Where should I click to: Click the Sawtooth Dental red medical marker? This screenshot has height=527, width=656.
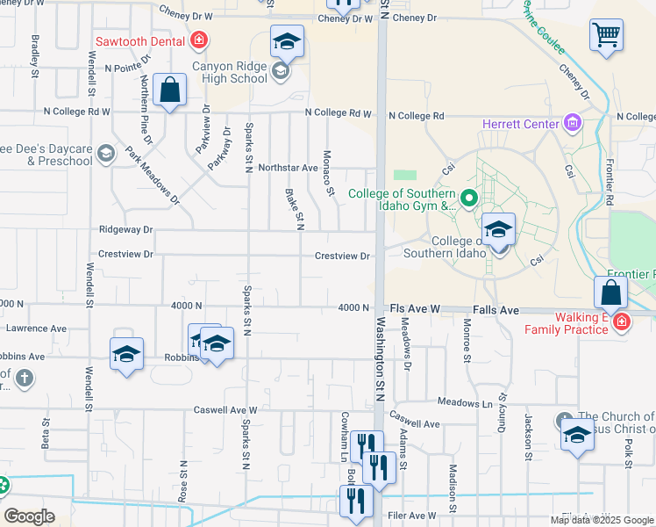tap(200, 40)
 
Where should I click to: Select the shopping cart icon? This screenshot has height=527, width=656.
tap(606, 36)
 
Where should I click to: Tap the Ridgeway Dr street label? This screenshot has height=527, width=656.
tap(126, 229)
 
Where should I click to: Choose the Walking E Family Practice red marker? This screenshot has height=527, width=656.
tap(622, 321)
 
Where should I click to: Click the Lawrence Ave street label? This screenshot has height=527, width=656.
tap(37, 328)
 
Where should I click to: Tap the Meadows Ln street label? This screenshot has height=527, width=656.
tap(465, 403)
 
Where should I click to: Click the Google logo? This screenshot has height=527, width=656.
tap(29, 516)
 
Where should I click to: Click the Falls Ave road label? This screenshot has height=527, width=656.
tap(496, 311)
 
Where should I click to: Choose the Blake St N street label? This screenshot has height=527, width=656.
tap(294, 208)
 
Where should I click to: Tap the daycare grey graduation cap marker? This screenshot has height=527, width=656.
tap(106, 154)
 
